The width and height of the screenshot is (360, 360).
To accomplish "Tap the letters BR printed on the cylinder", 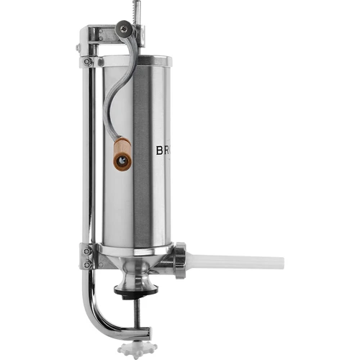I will coord(163,152).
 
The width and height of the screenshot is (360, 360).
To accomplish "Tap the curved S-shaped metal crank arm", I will coord(115,86).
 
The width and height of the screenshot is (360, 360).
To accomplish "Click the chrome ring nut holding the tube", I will coord(180,260).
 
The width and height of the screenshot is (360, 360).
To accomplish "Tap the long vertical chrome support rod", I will coord(90,158).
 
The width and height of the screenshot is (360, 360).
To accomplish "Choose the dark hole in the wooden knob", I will coord(122,161).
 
